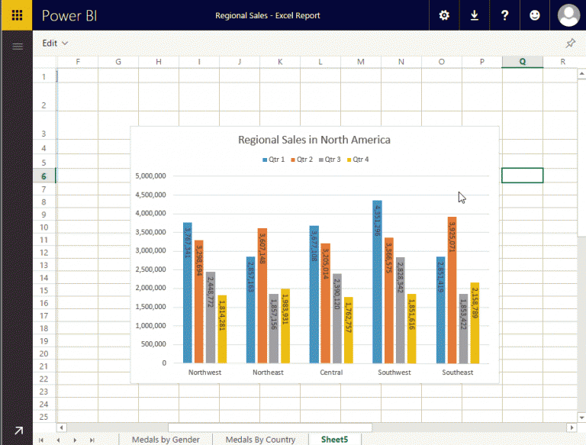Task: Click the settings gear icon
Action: (x=445, y=15)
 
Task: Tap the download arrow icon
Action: (x=475, y=15)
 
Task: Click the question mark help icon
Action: (x=504, y=15)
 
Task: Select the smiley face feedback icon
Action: (x=534, y=15)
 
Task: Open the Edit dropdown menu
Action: (x=55, y=44)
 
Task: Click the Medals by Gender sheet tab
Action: (x=166, y=440)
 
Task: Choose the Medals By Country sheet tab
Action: (x=260, y=440)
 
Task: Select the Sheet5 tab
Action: (x=334, y=440)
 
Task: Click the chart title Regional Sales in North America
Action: (x=314, y=140)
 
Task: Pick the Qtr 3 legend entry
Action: (x=329, y=160)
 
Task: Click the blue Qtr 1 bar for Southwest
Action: (x=377, y=282)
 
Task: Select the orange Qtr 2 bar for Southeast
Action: (x=452, y=290)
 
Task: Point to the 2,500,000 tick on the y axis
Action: (x=150, y=269)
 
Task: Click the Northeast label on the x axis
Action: (x=268, y=372)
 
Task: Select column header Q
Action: (x=522, y=62)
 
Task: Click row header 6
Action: (x=44, y=176)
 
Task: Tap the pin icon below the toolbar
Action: (x=570, y=44)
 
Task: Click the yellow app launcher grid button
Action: (x=16, y=15)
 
